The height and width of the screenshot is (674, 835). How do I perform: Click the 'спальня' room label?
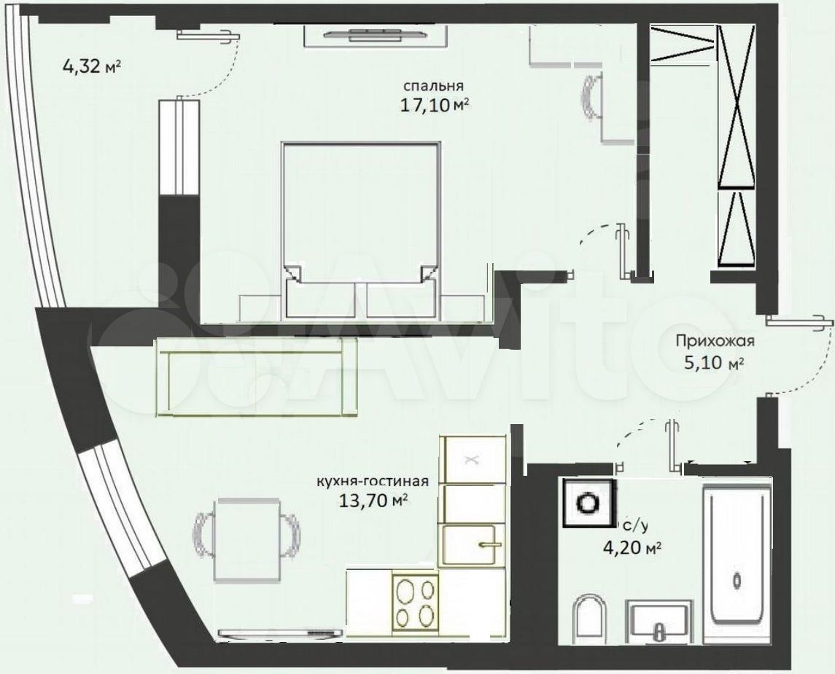click(x=433, y=86)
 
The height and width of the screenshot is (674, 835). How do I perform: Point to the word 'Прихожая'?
click(x=715, y=340)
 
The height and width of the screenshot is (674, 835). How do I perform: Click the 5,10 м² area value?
click(x=713, y=364)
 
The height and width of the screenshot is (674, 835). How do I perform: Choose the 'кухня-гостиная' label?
click(x=372, y=482)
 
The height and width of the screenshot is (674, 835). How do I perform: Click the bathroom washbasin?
click(x=659, y=620)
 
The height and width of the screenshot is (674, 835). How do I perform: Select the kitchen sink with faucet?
click(x=472, y=545)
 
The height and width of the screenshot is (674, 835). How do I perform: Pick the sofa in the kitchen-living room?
click(x=257, y=377)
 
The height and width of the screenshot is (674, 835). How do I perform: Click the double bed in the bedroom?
click(x=360, y=232)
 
